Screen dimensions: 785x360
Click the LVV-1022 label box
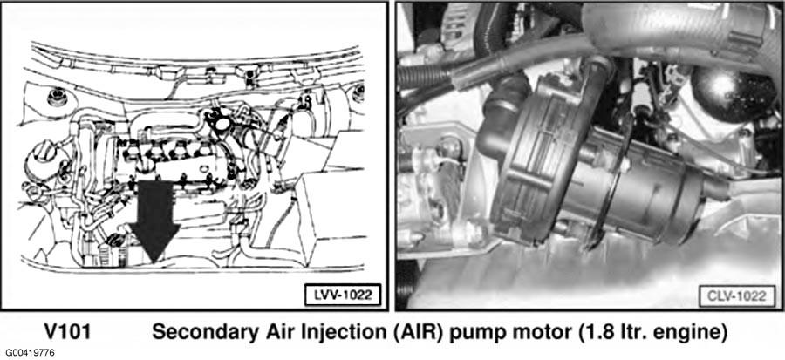click(343, 295)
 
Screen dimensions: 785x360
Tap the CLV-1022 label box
click(736, 296)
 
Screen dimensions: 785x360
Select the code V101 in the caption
click(67, 332)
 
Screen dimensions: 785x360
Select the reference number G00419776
click(28, 353)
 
